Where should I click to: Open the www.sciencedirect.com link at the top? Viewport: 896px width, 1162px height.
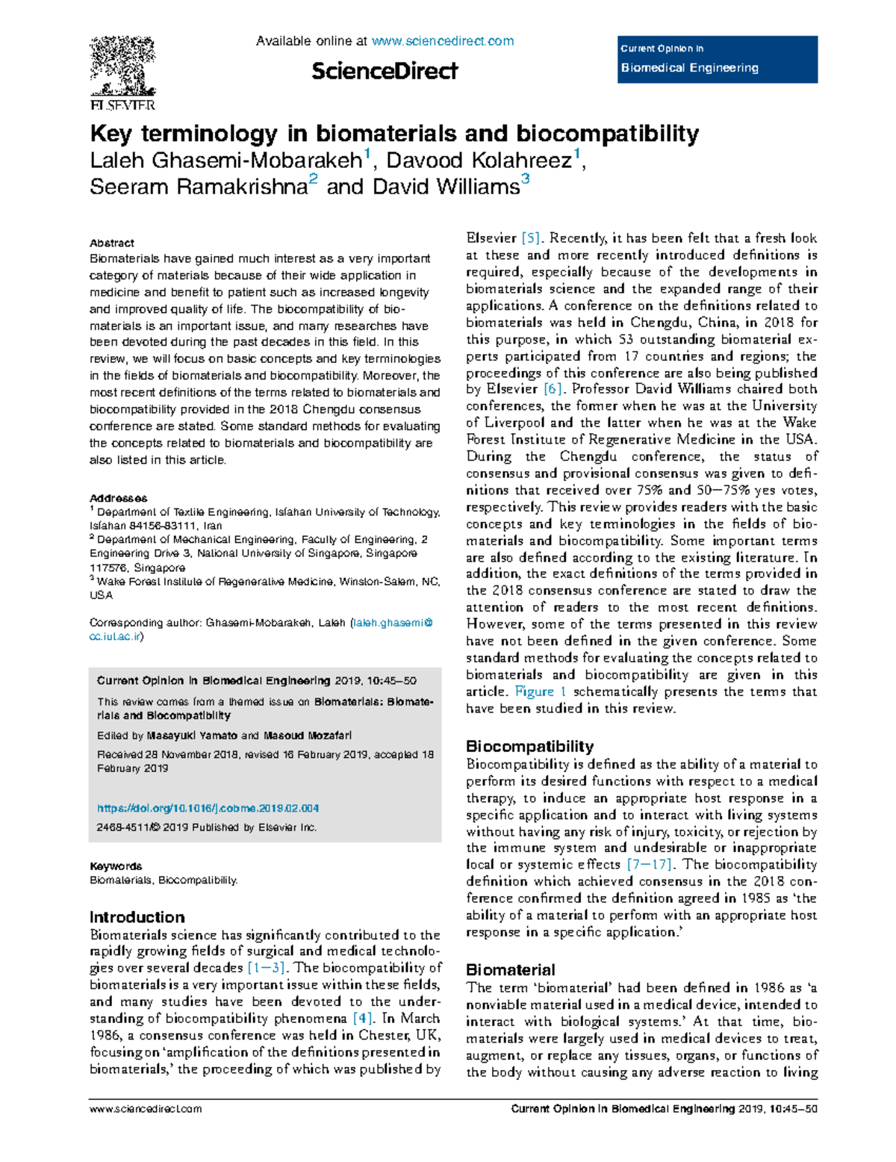coord(442,41)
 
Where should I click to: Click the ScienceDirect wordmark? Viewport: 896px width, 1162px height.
coord(385,72)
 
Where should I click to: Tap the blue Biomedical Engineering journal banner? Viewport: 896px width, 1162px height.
coord(718,59)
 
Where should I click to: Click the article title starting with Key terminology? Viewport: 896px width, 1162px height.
coord(394,134)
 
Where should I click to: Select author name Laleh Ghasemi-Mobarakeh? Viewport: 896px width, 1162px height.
coord(225,161)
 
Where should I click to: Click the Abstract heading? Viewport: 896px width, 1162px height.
coord(112,243)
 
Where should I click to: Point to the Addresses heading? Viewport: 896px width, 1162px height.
coord(118,498)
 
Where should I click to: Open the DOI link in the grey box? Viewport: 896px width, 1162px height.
coord(208,808)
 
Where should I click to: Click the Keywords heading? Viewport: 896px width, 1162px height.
coord(116,866)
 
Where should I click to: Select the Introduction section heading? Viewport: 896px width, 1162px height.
coord(137,917)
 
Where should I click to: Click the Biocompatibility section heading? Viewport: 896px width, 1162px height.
coord(529,746)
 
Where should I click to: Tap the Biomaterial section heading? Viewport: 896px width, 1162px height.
coord(510,969)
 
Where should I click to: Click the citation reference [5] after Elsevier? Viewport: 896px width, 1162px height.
coord(531,238)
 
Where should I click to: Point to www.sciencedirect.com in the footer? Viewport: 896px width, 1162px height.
coord(146,1109)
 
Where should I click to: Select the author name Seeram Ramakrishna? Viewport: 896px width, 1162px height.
coord(199,187)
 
